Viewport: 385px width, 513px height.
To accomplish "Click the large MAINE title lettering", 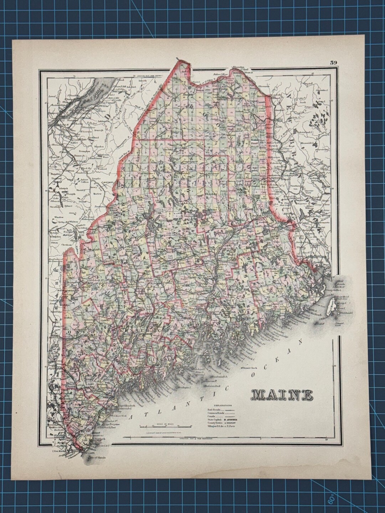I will [x=282, y=394].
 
